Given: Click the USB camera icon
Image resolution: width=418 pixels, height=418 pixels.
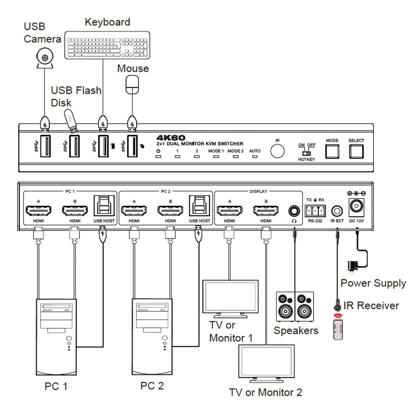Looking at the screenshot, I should [x=45, y=58].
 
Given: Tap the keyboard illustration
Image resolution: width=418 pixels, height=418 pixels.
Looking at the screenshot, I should [x=108, y=45].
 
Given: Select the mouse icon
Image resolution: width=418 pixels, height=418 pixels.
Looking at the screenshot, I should [x=133, y=84].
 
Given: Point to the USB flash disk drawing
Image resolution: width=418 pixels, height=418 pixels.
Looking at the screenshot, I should [x=72, y=120].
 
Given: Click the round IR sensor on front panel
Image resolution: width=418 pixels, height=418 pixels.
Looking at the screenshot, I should [x=277, y=151].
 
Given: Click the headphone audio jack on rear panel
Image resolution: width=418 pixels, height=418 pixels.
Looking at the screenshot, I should [x=295, y=209].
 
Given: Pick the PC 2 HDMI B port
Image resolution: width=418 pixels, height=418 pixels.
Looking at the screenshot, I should [x=170, y=210].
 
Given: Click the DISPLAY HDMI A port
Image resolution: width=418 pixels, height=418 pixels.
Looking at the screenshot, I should [x=229, y=210].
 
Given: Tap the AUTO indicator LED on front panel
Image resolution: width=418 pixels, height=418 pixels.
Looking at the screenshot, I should [x=255, y=157].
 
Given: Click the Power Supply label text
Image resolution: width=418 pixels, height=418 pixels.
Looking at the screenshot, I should [x=373, y=283].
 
